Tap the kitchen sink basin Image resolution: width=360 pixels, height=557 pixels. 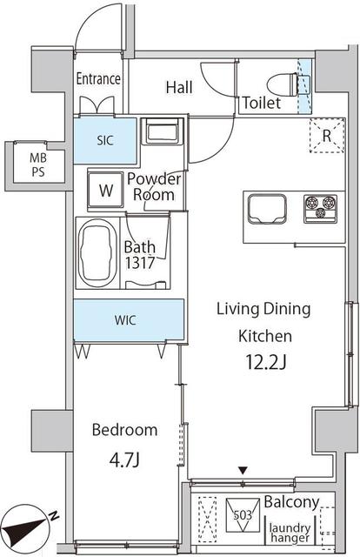267,209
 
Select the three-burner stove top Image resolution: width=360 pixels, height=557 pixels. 321,209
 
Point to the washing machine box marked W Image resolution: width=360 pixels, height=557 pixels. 105,190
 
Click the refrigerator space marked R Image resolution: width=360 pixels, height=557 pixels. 327,136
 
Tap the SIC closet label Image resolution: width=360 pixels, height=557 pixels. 105,141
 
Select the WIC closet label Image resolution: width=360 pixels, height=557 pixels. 125,320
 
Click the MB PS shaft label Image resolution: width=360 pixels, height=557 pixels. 38,164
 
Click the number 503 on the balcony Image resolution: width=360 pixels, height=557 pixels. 243,514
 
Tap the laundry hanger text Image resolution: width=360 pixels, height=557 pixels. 290,533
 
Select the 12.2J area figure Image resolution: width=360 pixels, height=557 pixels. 266,363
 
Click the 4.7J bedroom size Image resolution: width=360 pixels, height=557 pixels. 124,460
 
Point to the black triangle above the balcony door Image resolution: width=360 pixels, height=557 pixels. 243,471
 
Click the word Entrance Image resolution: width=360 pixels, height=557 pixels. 98,79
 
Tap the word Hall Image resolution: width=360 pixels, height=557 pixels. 179,87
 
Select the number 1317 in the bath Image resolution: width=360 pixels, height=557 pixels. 139,263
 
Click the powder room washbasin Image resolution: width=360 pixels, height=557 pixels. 162,131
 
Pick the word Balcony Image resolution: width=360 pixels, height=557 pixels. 291,502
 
